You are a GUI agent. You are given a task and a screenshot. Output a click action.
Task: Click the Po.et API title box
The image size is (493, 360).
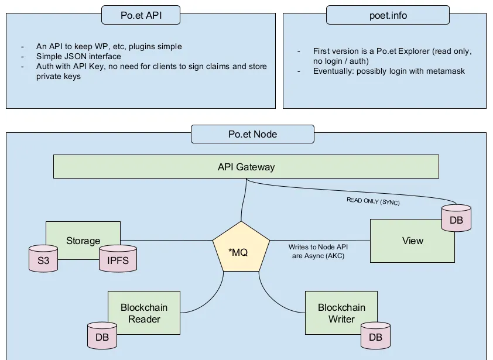click(x=141, y=15)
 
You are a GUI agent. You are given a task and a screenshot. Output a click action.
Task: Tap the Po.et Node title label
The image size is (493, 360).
click(x=252, y=134)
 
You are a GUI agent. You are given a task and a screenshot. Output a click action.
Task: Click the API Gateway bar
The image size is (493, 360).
click(x=246, y=167)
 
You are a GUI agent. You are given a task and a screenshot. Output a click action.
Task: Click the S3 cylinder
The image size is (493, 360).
click(x=43, y=261)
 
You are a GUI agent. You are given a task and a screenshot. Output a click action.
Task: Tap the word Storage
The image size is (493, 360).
click(x=83, y=241)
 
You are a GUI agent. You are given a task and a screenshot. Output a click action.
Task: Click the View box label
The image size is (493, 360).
click(x=413, y=241)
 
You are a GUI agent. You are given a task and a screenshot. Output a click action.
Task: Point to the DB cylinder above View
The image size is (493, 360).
click(x=456, y=219)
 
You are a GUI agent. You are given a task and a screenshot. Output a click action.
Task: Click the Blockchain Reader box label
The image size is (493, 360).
click(x=144, y=313)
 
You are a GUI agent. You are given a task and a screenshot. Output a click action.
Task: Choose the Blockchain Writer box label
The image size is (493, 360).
click(x=341, y=313)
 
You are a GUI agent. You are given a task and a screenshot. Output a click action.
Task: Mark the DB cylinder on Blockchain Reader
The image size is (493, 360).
click(x=102, y=337)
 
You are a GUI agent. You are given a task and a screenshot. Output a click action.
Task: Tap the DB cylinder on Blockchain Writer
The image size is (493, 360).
click(x=375, y=337)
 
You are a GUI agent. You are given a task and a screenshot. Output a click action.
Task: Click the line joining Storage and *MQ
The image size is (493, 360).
click(x=166, y=239)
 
